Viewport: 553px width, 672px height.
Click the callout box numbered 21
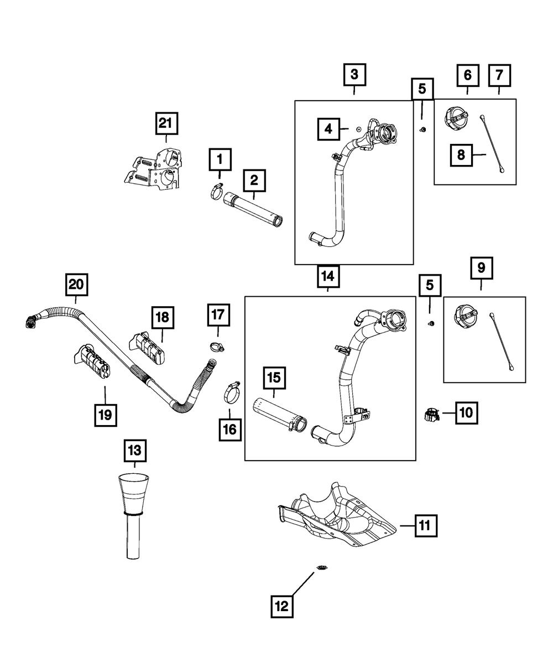point(166,123)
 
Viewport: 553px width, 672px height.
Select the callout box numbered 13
point(135,451)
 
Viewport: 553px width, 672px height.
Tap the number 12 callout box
point(282,607)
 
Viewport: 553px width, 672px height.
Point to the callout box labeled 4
point(328,129)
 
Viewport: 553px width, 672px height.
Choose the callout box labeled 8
point(461,155)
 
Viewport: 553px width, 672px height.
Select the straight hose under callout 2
point(253,210)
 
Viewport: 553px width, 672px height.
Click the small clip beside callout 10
point(431,415)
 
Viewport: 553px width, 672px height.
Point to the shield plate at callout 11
point(337,518)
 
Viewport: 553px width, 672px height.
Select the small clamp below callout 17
point(217,347)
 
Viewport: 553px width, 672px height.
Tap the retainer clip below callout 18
point(147,349)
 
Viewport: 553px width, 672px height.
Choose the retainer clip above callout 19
point(92,361)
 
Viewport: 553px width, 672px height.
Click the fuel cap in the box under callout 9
point(466,317)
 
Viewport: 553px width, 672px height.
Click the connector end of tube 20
point(31,321)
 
